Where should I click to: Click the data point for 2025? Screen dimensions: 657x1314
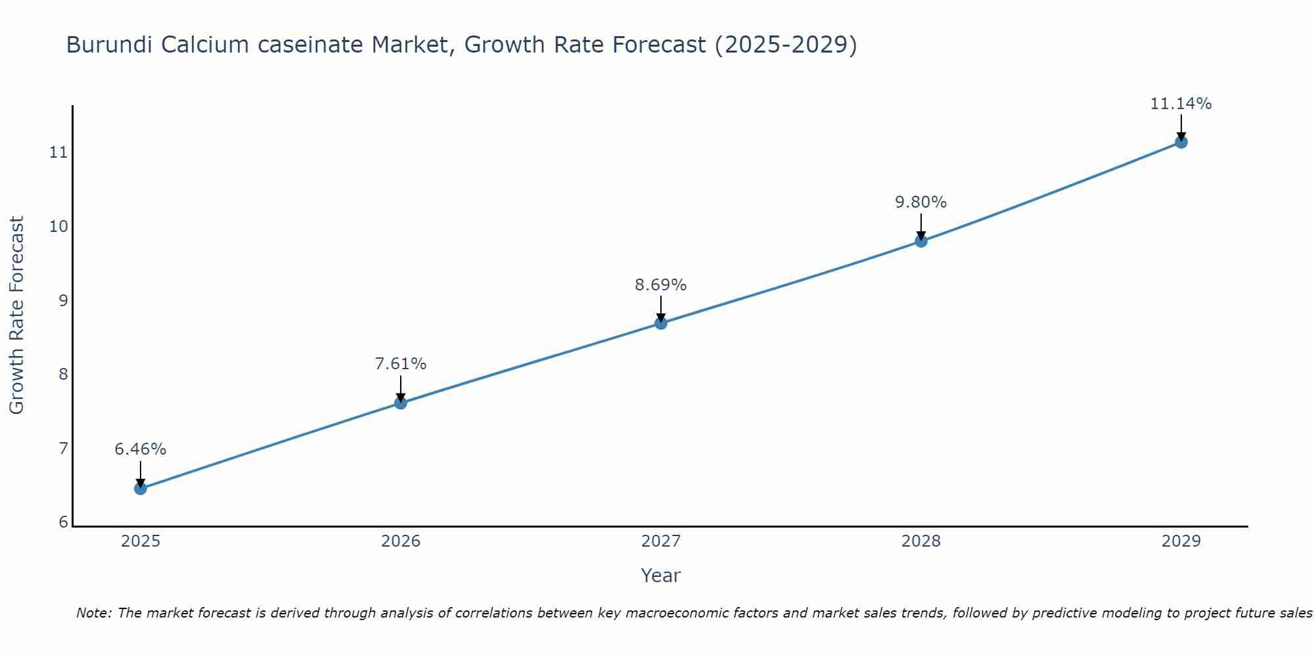(x=141, y=488)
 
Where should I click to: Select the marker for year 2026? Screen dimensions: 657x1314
(x=401, y=403)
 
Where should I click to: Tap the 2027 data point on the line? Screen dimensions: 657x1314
(x=661, y=323)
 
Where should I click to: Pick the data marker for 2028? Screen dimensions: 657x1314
(x=921, y=241)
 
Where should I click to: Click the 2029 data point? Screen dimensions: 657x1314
(x=1181, y=142)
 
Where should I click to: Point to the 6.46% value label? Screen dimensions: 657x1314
(x=141, y=449)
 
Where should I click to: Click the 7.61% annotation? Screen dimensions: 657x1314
(x=401, y=364)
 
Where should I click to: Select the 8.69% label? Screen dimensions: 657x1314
(x=661, y=285)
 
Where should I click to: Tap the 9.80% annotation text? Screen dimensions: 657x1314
(x=921, y=202)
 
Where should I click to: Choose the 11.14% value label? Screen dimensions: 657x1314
(x=1181, y=104)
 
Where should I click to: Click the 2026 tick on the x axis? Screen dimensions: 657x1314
(x=401, y=541)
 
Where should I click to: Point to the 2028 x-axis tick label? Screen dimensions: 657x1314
(x=921, y=541)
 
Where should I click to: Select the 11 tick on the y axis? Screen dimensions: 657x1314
(x=58, y=152)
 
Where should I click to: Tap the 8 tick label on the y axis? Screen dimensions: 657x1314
(x=63, y=374)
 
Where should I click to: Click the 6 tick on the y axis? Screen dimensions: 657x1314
(x=63, y=522)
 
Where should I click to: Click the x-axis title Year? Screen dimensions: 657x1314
(x=660, y=576)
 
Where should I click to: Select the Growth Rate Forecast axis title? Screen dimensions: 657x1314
(x=17, y=315)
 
